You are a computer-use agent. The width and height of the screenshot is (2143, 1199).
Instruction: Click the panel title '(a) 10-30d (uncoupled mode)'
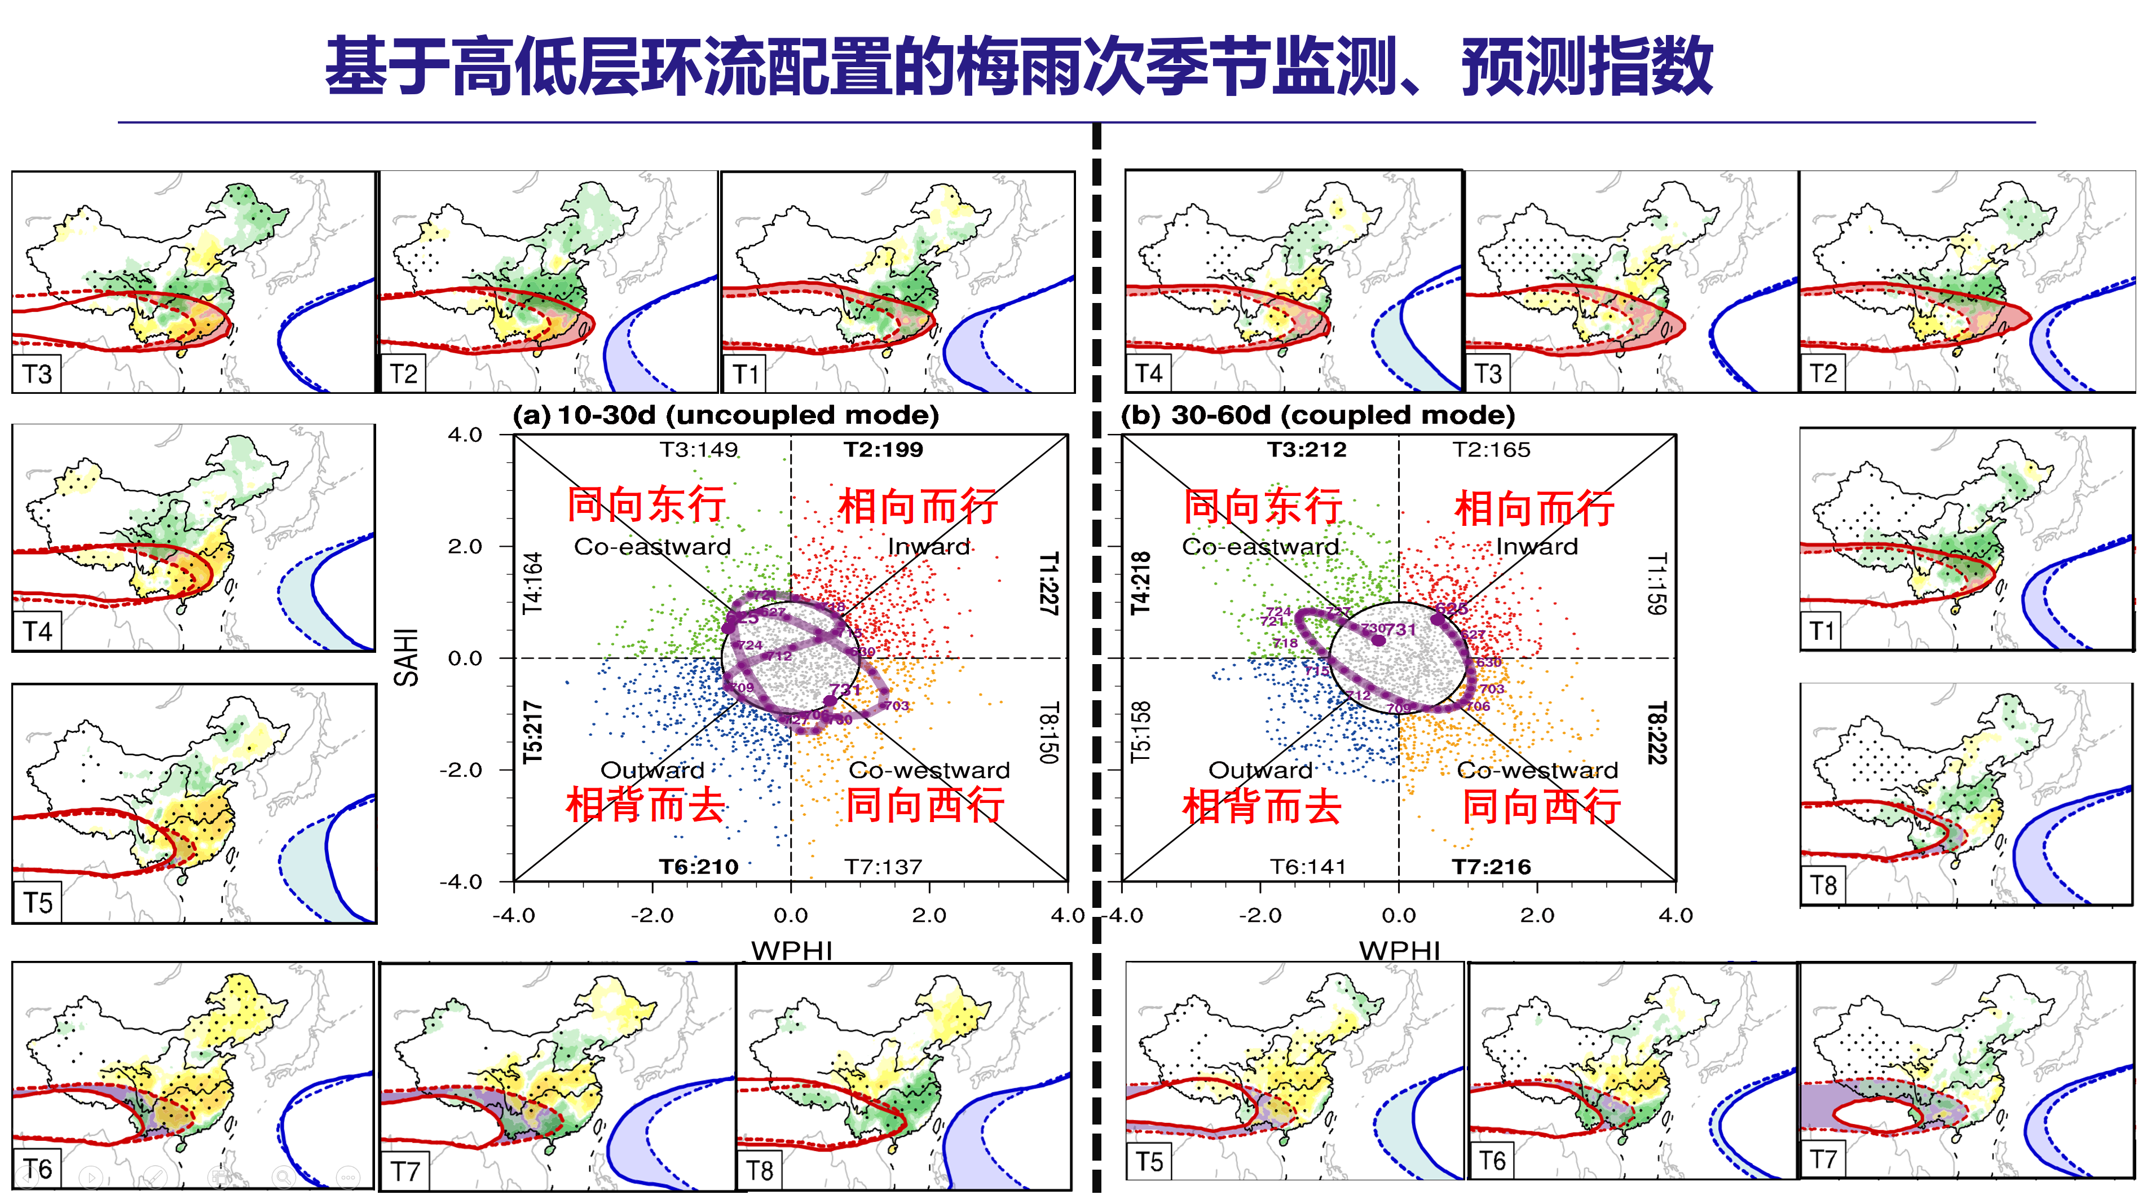point(725,415)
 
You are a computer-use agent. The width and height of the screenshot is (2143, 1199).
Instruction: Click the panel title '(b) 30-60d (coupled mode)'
point(1318,415)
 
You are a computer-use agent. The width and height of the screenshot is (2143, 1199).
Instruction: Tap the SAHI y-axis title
point(406,657)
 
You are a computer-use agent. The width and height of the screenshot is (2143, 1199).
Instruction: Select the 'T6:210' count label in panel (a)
point(699,867)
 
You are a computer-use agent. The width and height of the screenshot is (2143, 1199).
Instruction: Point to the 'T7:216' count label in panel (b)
point(1492,867)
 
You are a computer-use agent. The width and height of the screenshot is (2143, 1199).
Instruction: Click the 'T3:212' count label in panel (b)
point(1307,450)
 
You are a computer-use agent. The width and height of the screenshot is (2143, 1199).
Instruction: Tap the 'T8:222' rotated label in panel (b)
point(1657,732)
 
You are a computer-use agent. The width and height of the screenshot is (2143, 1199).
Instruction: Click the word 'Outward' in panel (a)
point(652,771)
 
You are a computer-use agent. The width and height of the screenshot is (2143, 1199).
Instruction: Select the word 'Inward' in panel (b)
point(1537,547)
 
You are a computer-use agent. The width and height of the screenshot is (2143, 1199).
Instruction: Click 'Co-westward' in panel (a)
point(929,771)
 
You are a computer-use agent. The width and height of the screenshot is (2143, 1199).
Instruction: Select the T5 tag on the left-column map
point(37,903)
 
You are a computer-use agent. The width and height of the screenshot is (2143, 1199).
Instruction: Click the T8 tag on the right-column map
point(1823,885)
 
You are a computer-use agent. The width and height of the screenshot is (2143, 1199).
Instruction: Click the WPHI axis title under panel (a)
point(791,950)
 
